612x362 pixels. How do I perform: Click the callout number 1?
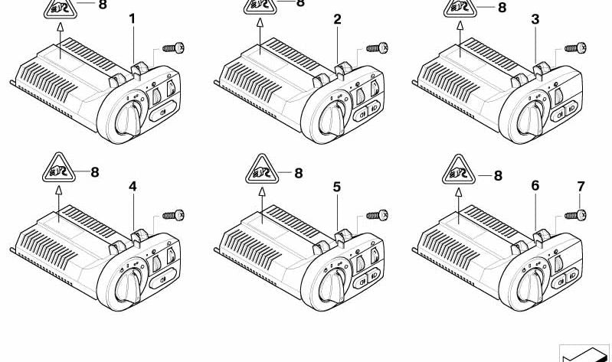(133, 18)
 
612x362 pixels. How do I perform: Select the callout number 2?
(337, 19)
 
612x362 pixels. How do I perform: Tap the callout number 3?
(535, 19)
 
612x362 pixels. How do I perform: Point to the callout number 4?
(133, 187)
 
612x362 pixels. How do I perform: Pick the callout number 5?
(337, 187)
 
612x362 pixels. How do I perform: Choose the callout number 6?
(535, 186)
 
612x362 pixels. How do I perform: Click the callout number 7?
(581, 187)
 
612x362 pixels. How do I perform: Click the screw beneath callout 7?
(575, 215)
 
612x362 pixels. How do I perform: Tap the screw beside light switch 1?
(173, 48)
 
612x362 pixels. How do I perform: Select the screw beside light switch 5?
(377, 215)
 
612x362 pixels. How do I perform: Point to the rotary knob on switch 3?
(531, 119)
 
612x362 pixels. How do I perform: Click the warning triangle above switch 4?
(59, 168)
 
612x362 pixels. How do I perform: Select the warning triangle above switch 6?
(459, 170)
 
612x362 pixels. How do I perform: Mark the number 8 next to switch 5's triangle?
(299, 173)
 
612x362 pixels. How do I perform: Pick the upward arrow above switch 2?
(260, 37)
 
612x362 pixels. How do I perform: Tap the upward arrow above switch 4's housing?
(59, 204)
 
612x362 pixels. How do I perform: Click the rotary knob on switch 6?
(531, 287)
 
